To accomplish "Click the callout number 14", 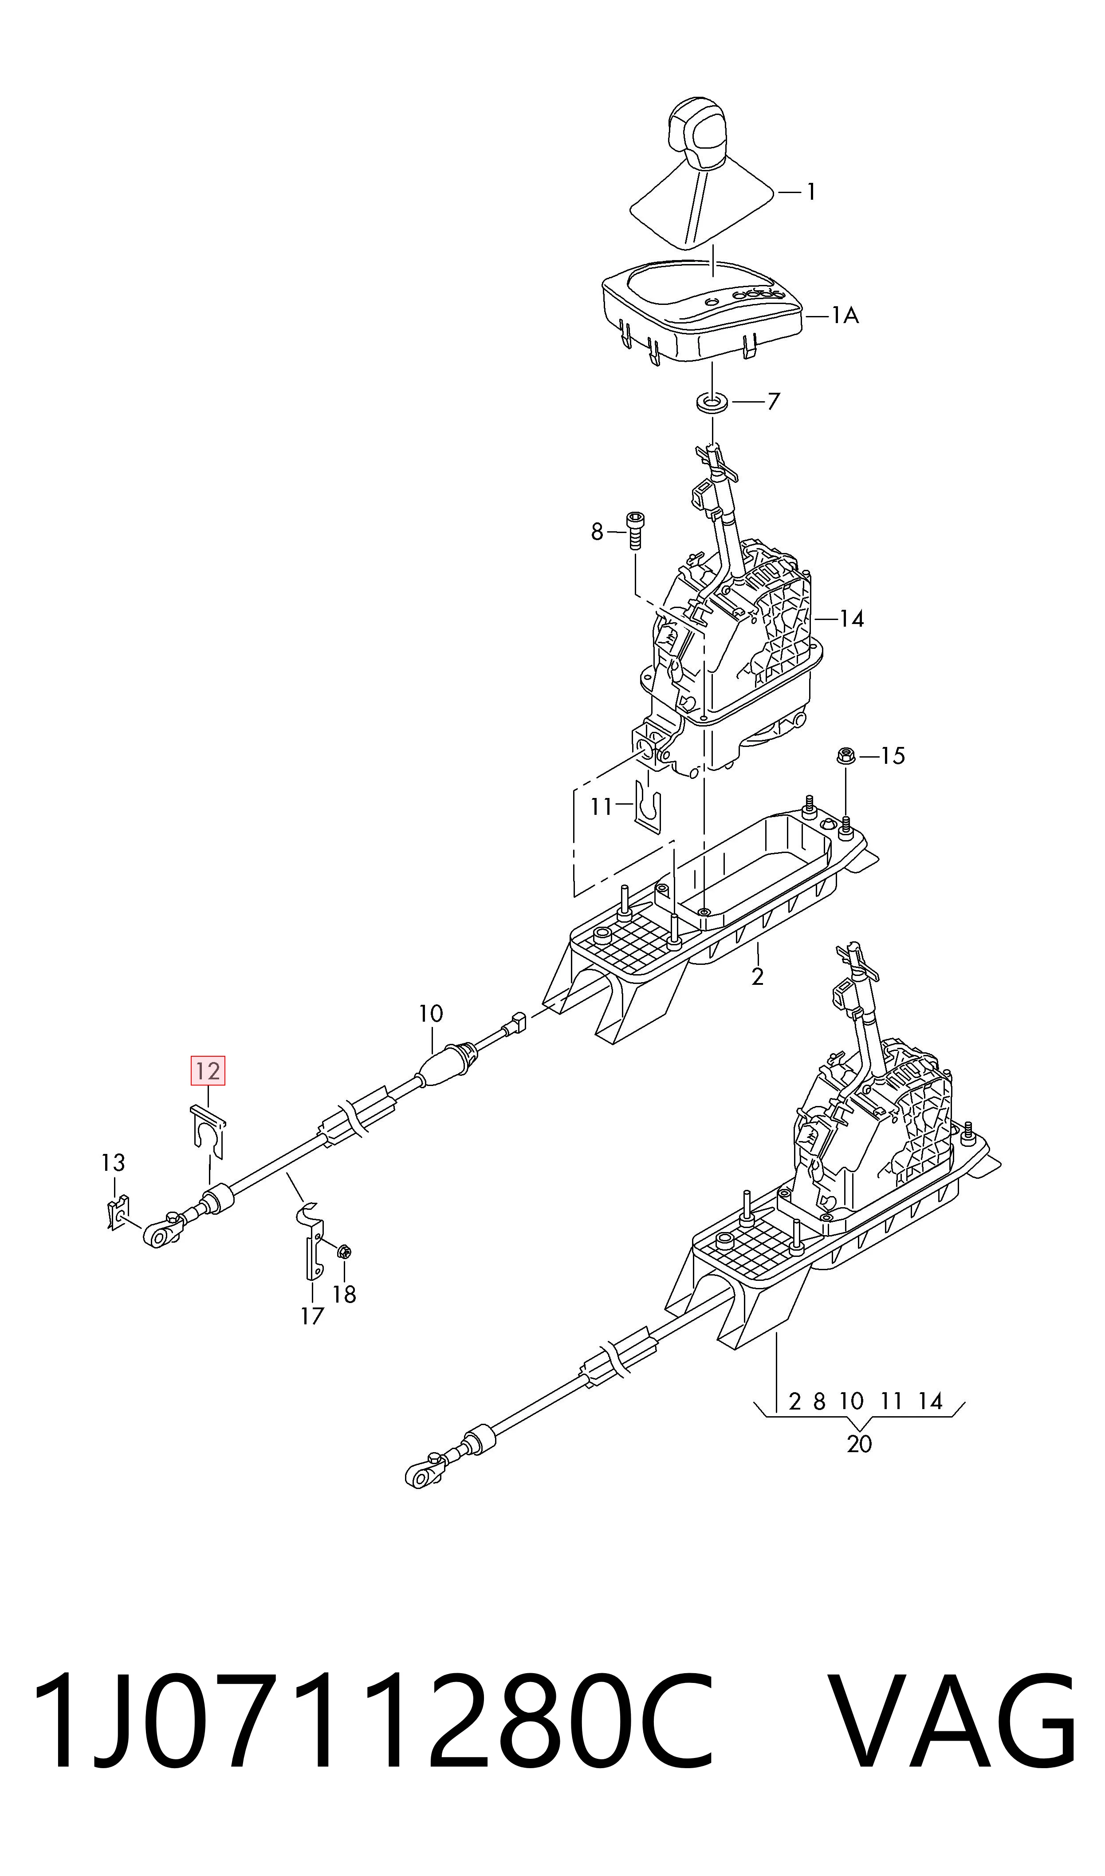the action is (x=851, y=618).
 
